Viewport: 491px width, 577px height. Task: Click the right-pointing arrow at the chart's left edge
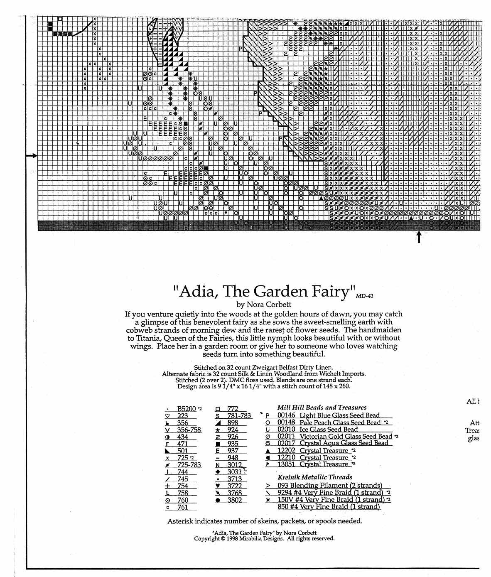(x=32, y=156)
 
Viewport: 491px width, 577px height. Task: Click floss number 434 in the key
(x=182, y=437)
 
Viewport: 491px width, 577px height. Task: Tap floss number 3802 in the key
(x=234, y=500)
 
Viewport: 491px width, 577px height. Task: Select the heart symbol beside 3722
(x=218, y=486)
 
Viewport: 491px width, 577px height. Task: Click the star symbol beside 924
(x=218, y=430)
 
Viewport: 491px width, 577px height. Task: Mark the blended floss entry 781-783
(x=239, y=416)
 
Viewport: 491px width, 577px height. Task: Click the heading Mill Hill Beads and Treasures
(x=322, y=408)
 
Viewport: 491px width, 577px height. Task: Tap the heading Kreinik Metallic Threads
(x=314, y=477)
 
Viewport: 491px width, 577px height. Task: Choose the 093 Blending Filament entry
(x=329, y=485)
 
